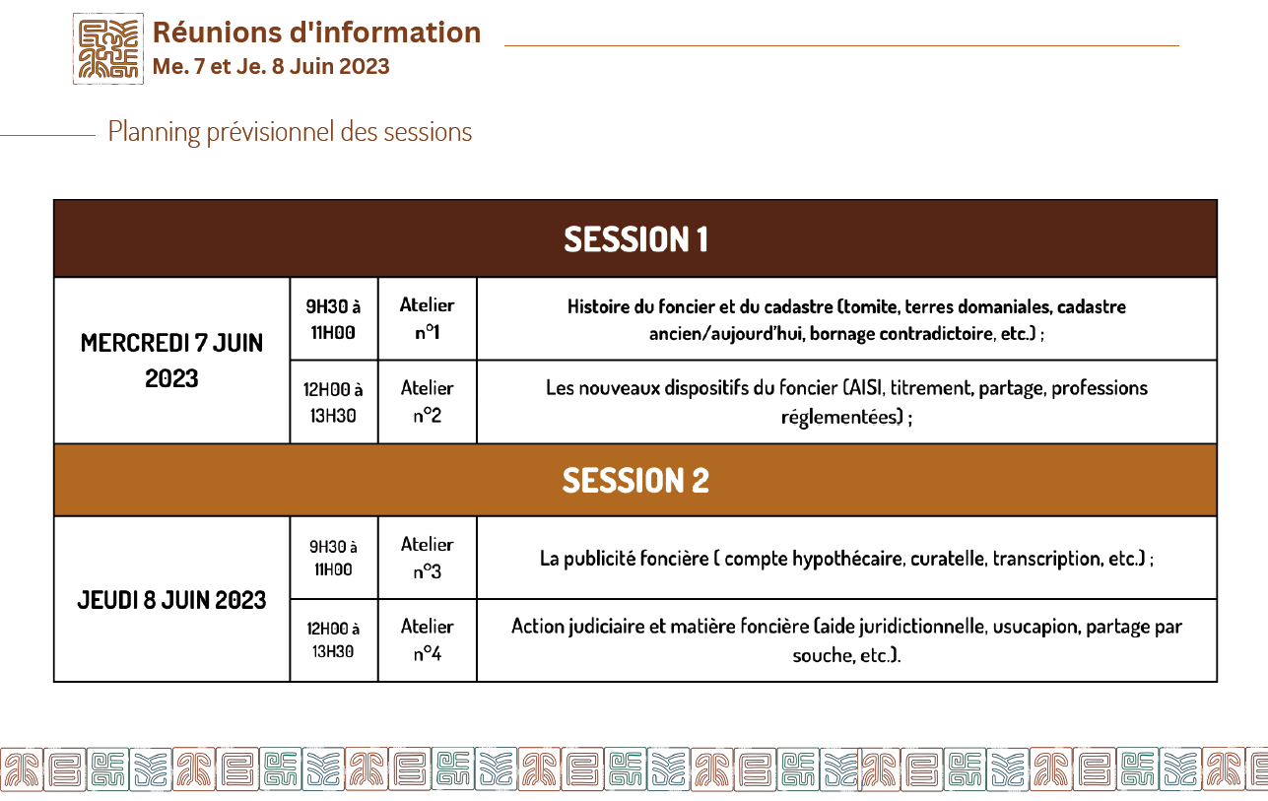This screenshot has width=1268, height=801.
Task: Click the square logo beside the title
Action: (x=108, y=48)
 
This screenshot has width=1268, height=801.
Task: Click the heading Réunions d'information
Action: (x=316, y=33)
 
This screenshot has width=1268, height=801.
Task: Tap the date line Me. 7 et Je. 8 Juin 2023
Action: (x=271, y=66)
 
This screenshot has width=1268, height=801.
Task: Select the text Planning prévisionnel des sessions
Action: (x=290, y=132)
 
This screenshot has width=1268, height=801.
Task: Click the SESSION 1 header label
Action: (x=635, y=239)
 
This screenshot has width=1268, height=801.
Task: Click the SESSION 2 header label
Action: (x=635, y=481)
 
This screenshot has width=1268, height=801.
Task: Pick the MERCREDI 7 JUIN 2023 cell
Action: (x=171, y=361)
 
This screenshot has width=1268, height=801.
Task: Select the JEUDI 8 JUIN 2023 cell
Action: (x=171, y=600)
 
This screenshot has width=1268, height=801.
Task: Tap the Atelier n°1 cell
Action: (x=427, y=318)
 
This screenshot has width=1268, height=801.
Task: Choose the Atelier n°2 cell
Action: (x=427, y=402)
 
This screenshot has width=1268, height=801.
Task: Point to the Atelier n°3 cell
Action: (x=427, y=559)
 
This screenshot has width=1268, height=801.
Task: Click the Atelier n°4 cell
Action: (x=427, y=640)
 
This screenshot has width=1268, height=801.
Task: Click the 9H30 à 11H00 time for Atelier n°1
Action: (x=333, y=319)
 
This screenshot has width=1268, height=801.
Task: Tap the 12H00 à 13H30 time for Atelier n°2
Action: (x=333, y=403)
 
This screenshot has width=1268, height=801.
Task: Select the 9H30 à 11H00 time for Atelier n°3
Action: (x=333, y=559)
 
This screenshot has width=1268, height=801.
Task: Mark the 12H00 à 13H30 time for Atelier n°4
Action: (x=333, y=640)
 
